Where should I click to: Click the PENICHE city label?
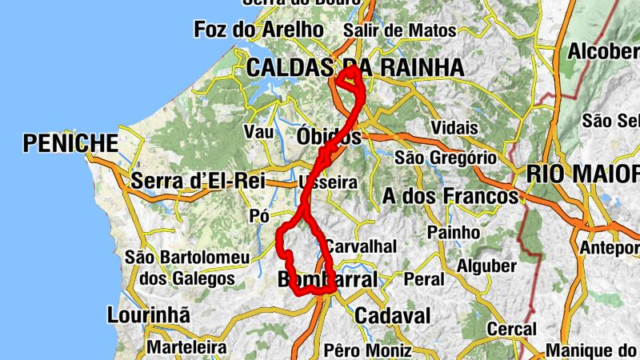tap(70, 143)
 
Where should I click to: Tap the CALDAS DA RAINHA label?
tap(354, 67)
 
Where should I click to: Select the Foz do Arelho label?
tap(258, 30)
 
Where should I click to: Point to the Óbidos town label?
tap(329, 137)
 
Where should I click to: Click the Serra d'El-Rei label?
tap(198, 181)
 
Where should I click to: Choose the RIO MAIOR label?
tap(582, 173)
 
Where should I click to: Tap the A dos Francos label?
tap(450, 196)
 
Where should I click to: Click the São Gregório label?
tap(446, 158)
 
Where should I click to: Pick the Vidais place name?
tap(454, 128)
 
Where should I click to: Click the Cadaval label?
tap(392, 315)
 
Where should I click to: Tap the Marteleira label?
tap(186, 349)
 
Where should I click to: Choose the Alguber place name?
tap(486, 266)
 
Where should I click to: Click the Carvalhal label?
tap(361, 246)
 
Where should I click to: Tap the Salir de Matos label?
tap(398, 30)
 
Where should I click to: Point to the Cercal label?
tap(512, 330)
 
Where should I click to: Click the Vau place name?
tap(258, 132)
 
